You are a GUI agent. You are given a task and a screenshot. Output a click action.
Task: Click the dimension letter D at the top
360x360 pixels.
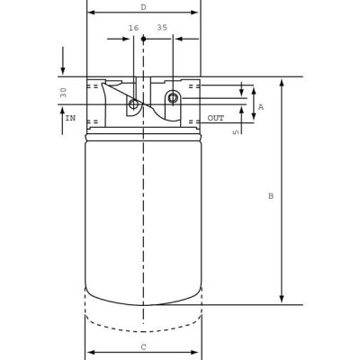143,6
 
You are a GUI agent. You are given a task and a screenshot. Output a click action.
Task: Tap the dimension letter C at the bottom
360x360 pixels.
143,346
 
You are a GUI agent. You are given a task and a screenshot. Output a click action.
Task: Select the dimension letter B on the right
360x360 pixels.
270,196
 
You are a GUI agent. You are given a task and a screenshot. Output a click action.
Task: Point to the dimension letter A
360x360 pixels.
261,106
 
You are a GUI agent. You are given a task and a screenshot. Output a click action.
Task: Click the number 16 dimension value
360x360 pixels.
134,28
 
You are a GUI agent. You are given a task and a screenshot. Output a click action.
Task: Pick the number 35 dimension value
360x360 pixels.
162,28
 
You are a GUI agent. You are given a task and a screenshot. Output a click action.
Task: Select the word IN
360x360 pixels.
69,118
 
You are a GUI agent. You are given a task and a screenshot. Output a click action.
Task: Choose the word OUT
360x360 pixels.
216,118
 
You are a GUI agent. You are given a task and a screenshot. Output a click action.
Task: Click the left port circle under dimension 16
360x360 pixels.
134,104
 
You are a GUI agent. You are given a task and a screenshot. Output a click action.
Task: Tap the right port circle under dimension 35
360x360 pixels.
173,97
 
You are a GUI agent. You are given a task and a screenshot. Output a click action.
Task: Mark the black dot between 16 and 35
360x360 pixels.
143,39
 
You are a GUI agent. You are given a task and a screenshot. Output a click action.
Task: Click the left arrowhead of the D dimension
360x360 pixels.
91,13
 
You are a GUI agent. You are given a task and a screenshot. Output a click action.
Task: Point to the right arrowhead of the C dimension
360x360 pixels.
197,352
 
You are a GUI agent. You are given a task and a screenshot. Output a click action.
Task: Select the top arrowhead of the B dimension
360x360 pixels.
282,82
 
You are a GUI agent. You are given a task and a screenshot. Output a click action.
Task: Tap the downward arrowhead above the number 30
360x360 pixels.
63,71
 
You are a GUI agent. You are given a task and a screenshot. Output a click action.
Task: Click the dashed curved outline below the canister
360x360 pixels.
143,331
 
